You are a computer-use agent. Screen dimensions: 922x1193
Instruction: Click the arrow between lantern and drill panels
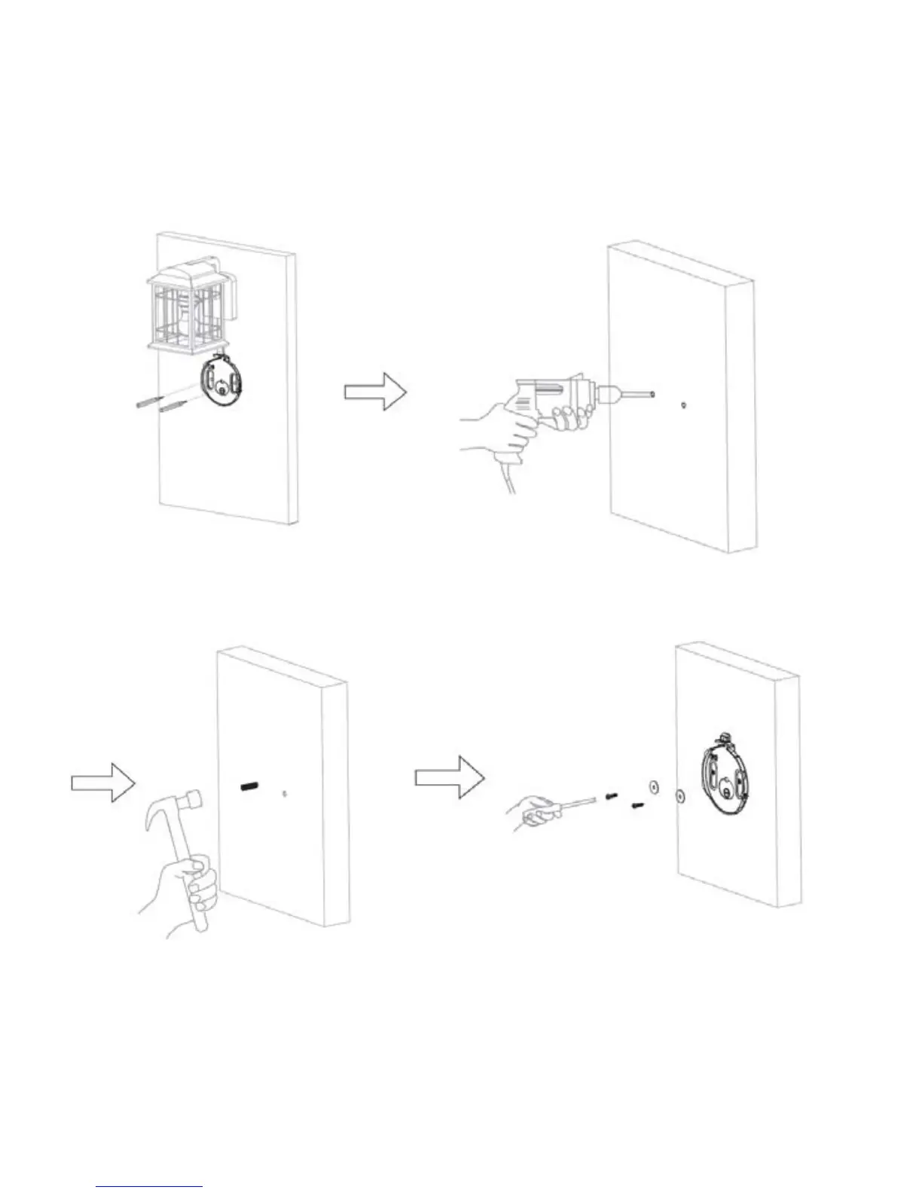[375, 392]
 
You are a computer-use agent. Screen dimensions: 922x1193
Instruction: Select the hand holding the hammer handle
[192, 889]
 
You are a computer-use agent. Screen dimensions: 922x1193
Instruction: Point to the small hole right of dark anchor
[283, 793]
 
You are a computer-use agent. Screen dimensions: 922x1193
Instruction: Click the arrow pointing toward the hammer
[103, 783]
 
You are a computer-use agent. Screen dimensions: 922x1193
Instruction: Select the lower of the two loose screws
[637, 805]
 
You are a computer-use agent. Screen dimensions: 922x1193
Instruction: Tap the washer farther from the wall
[652, 786]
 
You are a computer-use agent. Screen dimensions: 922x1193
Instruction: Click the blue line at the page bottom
[149, 1187]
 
